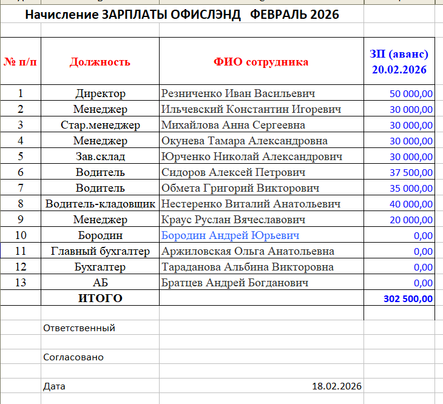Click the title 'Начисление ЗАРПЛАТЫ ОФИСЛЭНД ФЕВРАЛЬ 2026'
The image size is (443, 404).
[182, 15]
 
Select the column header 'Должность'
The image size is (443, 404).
[100, 62]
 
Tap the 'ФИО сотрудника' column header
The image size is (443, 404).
[261, 62]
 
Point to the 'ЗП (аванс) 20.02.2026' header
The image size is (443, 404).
[399, 62]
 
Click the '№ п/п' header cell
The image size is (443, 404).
[20, 62]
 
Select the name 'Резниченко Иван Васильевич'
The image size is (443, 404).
[238, 93]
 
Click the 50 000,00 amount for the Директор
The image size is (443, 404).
[411, 93]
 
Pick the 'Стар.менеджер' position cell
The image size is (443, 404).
[100, 125]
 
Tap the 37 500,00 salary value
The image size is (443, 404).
[411, 172]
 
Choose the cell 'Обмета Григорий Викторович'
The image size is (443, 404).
[240, 188]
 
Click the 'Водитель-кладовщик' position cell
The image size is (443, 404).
[100, 204]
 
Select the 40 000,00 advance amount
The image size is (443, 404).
[411, 204]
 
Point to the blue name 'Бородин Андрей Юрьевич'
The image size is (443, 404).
[230, 235]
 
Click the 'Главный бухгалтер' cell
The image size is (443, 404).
[100, 251]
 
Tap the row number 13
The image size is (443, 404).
[20, 283]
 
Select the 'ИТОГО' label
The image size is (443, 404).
[100, 298]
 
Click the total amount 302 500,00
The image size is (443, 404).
[408, 298]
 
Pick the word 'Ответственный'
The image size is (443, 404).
[79, 328]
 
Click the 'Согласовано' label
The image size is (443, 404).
[73, 357]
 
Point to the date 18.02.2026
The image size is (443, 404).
[336, 386]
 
